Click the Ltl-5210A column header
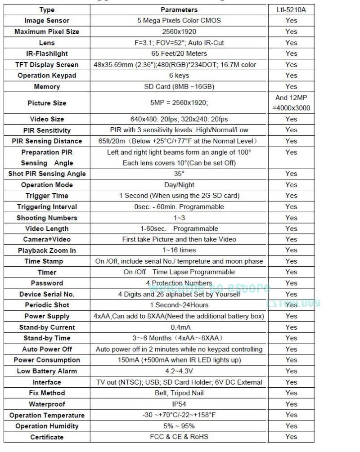pyautogui.click(x=291, y=9)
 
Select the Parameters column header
pyautogui.click(x=179, y=9)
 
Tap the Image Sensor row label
pyautogui.click(x=47, y=21)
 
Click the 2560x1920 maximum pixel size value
pyautogui.click(x=179, y=31)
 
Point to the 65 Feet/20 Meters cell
pyautogui.click(x=179, y=54)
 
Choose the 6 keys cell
pyautogui.click(x=179, y=76)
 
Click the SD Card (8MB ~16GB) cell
pyautogui.click(x=179, y=86)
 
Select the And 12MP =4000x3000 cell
pyautogui.click(x=291, y=103)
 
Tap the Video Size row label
pyautogui.click(x=47, y=119)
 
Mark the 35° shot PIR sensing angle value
pyautogui.click(x=179, y=174)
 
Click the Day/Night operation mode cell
pyautogui.click(x=179, y=185)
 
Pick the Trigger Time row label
pyautogui.click(x=47, y=196)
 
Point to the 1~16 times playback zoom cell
pyautogui.click(x=179, y=250)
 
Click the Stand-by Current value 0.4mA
pyautogui.click(x=179, y=327)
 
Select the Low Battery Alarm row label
pyautogui.click(x=47, y=371)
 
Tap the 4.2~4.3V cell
pyautogui.click(x=179, y=371)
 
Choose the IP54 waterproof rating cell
pyautogui.click(x=179, y=404)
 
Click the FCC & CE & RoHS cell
pyautogui.click(x=179, y=437)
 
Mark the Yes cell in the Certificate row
pyautogui.click(x=291, y=437)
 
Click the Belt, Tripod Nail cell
pyautogui.click(x=179, y=393)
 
